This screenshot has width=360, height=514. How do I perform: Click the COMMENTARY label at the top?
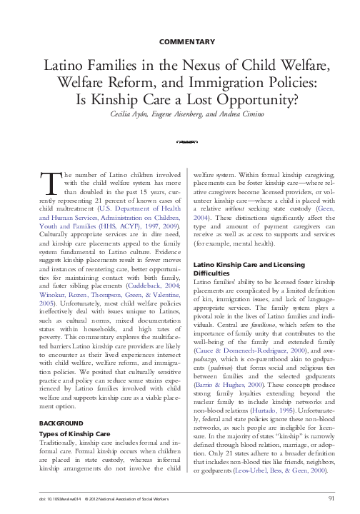point(180,41)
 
